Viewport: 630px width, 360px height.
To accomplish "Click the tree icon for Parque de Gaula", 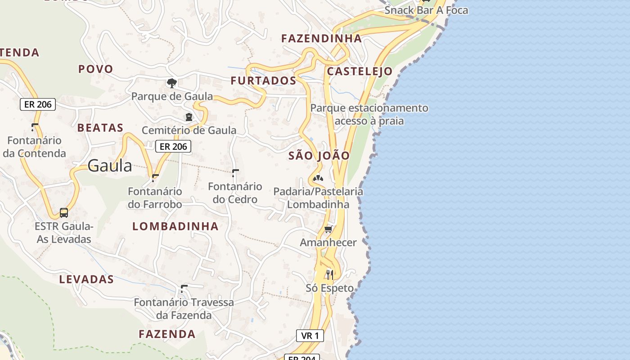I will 171,83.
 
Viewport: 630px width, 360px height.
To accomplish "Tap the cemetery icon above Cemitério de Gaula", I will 189,117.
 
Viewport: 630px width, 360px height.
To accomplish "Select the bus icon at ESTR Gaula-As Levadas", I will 64,212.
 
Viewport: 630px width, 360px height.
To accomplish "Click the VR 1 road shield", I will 310,335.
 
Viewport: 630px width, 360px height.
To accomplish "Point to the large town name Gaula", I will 110,166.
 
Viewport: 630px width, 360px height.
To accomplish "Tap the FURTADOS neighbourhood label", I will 263,81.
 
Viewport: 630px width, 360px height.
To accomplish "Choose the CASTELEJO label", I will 360,71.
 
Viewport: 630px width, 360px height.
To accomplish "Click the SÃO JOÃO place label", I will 319,156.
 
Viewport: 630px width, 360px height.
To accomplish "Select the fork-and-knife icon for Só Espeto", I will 330,274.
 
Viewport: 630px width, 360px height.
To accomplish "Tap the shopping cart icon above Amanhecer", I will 328,229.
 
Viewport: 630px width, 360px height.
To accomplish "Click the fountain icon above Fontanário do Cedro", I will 235,173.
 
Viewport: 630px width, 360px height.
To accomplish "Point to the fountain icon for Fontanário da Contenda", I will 35,127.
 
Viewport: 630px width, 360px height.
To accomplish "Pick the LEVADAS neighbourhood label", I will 86,279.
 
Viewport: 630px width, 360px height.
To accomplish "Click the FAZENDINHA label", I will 321,38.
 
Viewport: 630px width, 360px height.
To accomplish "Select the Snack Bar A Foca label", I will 426,10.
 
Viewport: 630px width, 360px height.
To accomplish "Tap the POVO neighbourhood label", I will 95,69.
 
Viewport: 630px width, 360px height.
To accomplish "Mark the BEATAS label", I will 100,128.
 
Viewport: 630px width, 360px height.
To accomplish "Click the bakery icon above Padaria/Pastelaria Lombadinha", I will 318,178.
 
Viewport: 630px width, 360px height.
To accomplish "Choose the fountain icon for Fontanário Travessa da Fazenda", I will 184,288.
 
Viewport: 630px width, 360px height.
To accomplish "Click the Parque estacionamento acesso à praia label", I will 369,114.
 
